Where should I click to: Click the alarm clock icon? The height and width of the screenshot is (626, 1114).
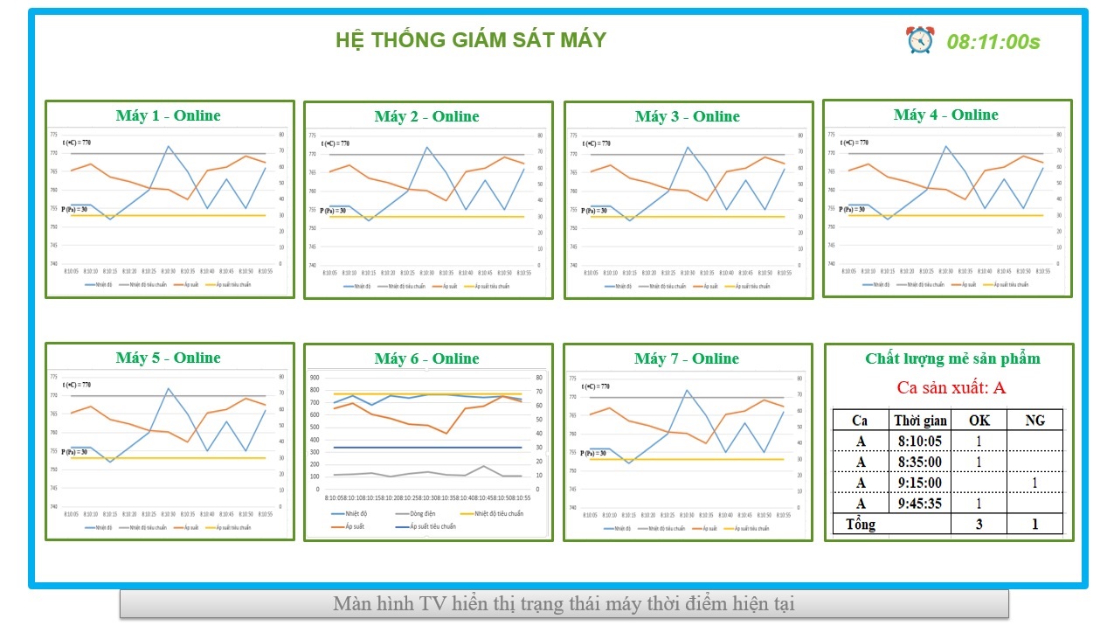pos(919,39)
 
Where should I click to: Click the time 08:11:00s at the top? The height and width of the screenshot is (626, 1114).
pos(993,42)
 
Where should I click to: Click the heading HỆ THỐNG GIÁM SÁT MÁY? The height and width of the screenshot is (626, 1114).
pos(471,40)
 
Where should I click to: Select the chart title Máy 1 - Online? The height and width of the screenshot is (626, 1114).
pos(169,115)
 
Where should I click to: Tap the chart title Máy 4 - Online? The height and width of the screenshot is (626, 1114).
pos(946,115)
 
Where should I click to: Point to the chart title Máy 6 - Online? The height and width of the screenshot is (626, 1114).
pos(427,358)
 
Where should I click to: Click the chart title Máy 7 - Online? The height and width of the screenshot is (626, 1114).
pos(687,358)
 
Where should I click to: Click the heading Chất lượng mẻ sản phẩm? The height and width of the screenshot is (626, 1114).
pos(952,358)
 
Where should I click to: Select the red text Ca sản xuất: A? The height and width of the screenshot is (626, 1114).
pos(951,387)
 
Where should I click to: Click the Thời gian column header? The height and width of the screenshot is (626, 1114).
pos(920,421)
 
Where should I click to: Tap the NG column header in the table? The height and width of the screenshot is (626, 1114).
pos(1034,421)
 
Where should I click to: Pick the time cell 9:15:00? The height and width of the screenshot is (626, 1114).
pos(919,483)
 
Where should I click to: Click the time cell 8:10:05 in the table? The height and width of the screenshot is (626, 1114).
pos(919,441)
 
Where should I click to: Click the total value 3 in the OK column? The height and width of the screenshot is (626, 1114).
pos(979,525)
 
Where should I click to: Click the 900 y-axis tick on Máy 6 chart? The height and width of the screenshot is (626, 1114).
pos(315,378)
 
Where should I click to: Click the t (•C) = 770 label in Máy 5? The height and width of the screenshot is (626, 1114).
pos(77,385)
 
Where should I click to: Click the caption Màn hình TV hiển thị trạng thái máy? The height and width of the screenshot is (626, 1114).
pos(564,603)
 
